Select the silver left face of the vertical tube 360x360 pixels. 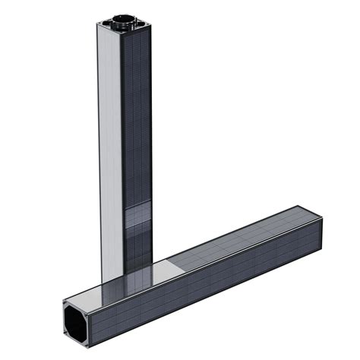point(110,152)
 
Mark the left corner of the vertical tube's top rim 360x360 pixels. point(98,25)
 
